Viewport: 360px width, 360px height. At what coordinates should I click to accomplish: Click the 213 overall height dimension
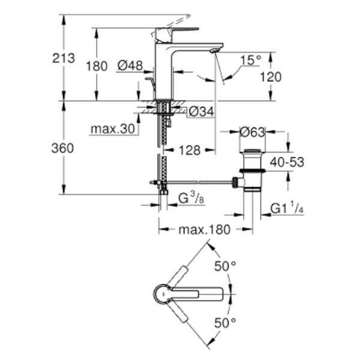tap(64, 58)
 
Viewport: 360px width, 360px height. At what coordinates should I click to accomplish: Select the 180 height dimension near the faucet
tap(97, 66)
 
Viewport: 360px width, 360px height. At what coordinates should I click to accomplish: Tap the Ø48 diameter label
tap(130, 65)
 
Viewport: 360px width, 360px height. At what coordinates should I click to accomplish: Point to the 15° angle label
tap(251, 60)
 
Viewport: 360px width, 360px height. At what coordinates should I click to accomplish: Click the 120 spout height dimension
tap(271, 77)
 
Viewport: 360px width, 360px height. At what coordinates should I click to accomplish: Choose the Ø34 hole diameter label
tap(202, 112)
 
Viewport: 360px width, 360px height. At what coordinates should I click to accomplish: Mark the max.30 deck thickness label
tap(113, 129)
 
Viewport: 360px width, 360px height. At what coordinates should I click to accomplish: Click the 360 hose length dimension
tap(62, 148)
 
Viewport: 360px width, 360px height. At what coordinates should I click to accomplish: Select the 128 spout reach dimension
tap(190, 151)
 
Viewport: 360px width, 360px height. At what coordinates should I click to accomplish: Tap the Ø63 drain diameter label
tap(253, 132)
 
